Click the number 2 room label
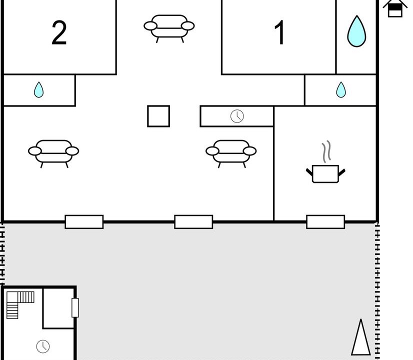pyautogui.click(x=59, y=32)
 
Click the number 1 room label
pyautogui.click(x=279, y=32)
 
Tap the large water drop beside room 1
pyautogui.click(x=356, y=31)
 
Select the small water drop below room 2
pyautogui.click(x=38, y=90)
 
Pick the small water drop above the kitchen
pyautogui.click(x=341, y=90)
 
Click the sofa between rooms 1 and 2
pyautogui.click(x=169, y=28)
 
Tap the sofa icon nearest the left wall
pyautogui.click(x=53, y=153)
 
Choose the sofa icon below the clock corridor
pyautogui.click(x=231, y=153)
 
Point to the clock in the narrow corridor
pyautogui.click(x=237, y=116)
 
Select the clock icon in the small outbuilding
pyautogui.click(x=43, y=346)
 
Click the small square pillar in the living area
pyautogui.click(x=158, y=116)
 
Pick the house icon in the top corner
pyautogui.click(x=395, y=8)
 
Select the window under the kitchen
pyautogui.click(x=325, y=221)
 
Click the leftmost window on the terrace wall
pyautogui.click(x=84, y=221)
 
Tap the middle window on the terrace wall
pyautogui.click(x=193, y=221)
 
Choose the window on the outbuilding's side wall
pyautogui.click(x=75, y=307)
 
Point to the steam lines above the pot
pyautogui.click(x=326, y=151)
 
